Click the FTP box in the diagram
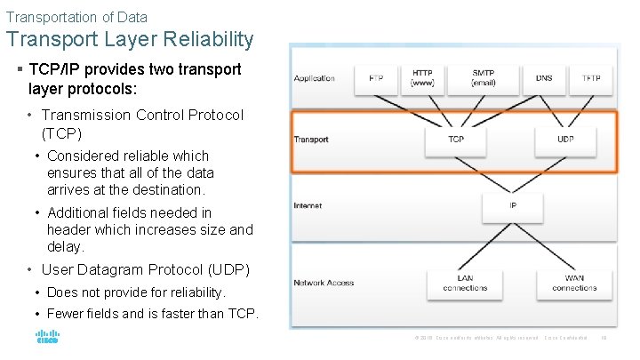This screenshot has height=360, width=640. [x=377, y=78]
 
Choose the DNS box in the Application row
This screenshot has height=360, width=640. [x=544, y=78]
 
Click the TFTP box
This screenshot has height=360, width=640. [x=591, y=78]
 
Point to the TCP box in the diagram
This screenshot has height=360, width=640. [x=455, y=140]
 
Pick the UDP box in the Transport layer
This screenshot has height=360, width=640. [x=565, y=140]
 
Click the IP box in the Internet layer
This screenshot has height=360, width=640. [x=513, y=205]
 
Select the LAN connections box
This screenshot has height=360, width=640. [x=464, y=283]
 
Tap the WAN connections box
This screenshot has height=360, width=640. [x=574, y=283]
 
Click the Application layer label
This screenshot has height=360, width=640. [x=316, y=78]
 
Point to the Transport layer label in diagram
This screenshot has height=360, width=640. [x=311, y=140]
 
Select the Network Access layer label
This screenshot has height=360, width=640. [x=324, y=283]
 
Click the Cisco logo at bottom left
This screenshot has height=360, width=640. [x=47, y=338]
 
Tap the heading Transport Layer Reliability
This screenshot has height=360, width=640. [x=130, y=40]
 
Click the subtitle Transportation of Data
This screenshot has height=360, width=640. [x=76, y=17]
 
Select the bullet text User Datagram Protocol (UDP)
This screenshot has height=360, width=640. [x=146, y=269]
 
